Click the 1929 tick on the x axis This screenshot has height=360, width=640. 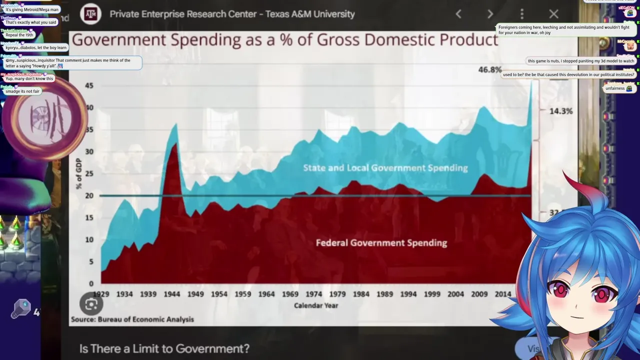(x=101, y=294)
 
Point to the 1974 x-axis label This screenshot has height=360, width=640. (x=313, y=294)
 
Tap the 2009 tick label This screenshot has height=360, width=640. (x=479, y=294)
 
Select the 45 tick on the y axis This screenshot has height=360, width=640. (x=89, y=85)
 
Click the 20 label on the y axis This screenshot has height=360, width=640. (x=89, y=195)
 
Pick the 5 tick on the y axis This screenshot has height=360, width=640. (x=91, y=261)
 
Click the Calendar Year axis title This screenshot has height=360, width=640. (x=316, y=305)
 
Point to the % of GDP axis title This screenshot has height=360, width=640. (x=78, y=173)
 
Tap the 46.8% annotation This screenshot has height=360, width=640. (x=489, y=69)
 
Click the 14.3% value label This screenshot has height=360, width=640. (x=560, y=111)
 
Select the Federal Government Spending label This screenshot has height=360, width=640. (x=381, y=243)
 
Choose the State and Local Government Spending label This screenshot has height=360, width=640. (x=385, y=168)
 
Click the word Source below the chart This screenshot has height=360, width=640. (x=82, y=319)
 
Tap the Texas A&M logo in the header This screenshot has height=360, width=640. (x=91, y=14)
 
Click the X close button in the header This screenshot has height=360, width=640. (x=553, y=14)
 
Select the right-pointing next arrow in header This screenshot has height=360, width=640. (x=490, y=14)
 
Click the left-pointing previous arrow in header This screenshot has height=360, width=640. (x=458, y=14)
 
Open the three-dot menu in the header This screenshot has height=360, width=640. (x=521, y=14)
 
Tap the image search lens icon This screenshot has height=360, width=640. (x=91, y=303)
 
